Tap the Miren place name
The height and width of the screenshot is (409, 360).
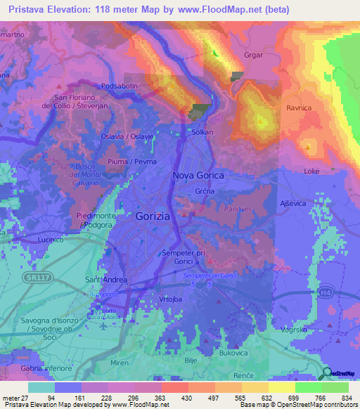click(120, 363)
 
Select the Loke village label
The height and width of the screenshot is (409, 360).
click(311, 171)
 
